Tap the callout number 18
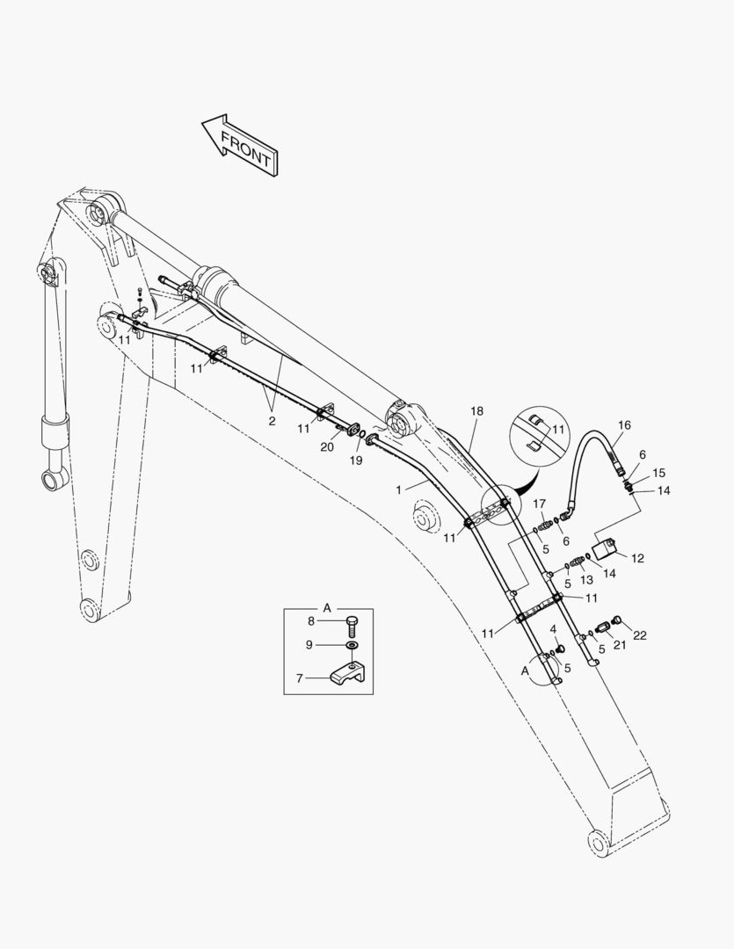476,411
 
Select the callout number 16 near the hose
624,425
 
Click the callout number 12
637,559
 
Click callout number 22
640,635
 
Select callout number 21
620,646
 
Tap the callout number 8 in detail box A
311,621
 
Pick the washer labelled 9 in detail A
352,645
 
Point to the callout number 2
272,421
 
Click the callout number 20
327,447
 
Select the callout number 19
356,460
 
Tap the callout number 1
398,490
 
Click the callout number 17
539,503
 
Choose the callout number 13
586,580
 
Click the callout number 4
553,630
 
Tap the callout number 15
659,473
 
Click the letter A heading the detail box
327,608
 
